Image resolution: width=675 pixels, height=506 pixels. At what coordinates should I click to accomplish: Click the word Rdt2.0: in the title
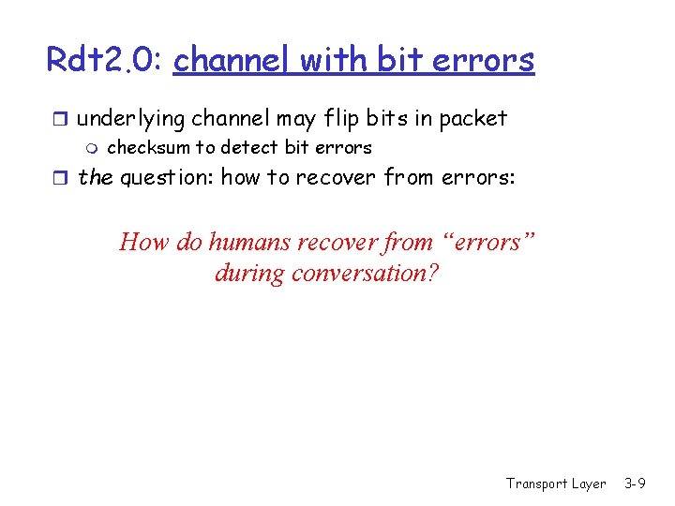pyautogui.click(x=106, y=60)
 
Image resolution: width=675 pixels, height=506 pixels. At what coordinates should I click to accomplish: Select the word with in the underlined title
pyautogui.click(x=336, y=60)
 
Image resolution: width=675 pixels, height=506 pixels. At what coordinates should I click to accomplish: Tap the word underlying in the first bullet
pyautogui.click(x=130, y=119)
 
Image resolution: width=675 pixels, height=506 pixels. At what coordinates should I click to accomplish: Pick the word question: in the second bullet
pyautogui.click(x=166, y=178)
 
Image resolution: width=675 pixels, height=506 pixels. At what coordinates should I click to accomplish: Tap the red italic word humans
pyautogui.click(x=249, y=242)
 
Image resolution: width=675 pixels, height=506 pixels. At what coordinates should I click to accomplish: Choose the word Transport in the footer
pyautogui.click(x=536, y=484)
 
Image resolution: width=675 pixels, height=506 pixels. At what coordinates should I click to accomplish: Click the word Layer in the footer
pyautogui.click(x=589, y=484)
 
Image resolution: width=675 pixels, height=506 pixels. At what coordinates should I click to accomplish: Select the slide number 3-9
pyautogui.click(x=635, y=484)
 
